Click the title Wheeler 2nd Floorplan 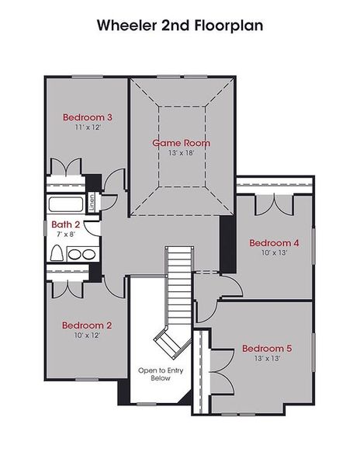click(x=180, y=25)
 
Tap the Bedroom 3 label click(x=88, y=117)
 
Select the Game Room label click(x=180, y=143)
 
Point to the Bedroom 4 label click(x=274, y=242)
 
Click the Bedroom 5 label click(x=266, y=348)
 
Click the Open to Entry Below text click(x=154, y=374)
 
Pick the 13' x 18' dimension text click(x=181, y=153)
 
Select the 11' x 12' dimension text click(x=88, y=127)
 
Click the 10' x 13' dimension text click(x=274, y=252)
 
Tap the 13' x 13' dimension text click(x=266, y=358)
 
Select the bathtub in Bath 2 click(x=67, y=205)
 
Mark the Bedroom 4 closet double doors click(x=275, y=201)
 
